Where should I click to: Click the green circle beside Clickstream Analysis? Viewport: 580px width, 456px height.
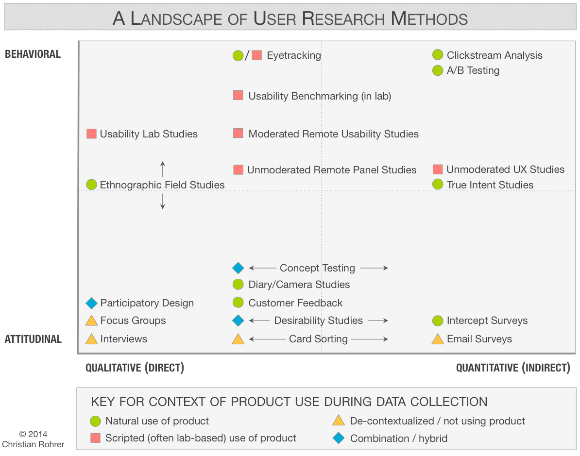[438, 55]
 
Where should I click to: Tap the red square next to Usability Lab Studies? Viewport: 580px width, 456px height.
[91, 134]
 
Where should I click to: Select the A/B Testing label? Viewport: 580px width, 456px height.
[473, 70]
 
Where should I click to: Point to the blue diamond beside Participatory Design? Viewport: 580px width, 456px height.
[91, 303]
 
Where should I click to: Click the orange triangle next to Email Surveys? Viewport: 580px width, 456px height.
[438, 339]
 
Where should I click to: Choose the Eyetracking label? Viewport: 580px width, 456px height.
[294, 55]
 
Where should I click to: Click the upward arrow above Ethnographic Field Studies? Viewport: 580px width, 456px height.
[163, 169]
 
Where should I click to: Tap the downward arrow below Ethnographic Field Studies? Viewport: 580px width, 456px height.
[163, 202]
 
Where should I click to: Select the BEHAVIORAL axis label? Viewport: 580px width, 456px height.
[33, 54]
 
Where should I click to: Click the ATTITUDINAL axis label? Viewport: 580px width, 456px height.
[33, 339]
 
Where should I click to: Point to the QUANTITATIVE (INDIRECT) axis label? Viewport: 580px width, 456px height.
[513, 368]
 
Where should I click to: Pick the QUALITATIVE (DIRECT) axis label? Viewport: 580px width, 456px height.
[135, 368]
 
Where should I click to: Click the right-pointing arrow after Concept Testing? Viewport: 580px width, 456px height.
[374, 268]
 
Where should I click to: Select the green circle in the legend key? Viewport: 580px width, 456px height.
[96, 421]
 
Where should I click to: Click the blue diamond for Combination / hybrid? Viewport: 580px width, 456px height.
[338, 438]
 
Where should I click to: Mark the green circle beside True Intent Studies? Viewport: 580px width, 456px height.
[438, 185]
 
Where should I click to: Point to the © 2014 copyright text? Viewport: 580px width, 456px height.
[33, 434]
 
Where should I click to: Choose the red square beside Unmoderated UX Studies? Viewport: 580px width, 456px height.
[438, 169]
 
